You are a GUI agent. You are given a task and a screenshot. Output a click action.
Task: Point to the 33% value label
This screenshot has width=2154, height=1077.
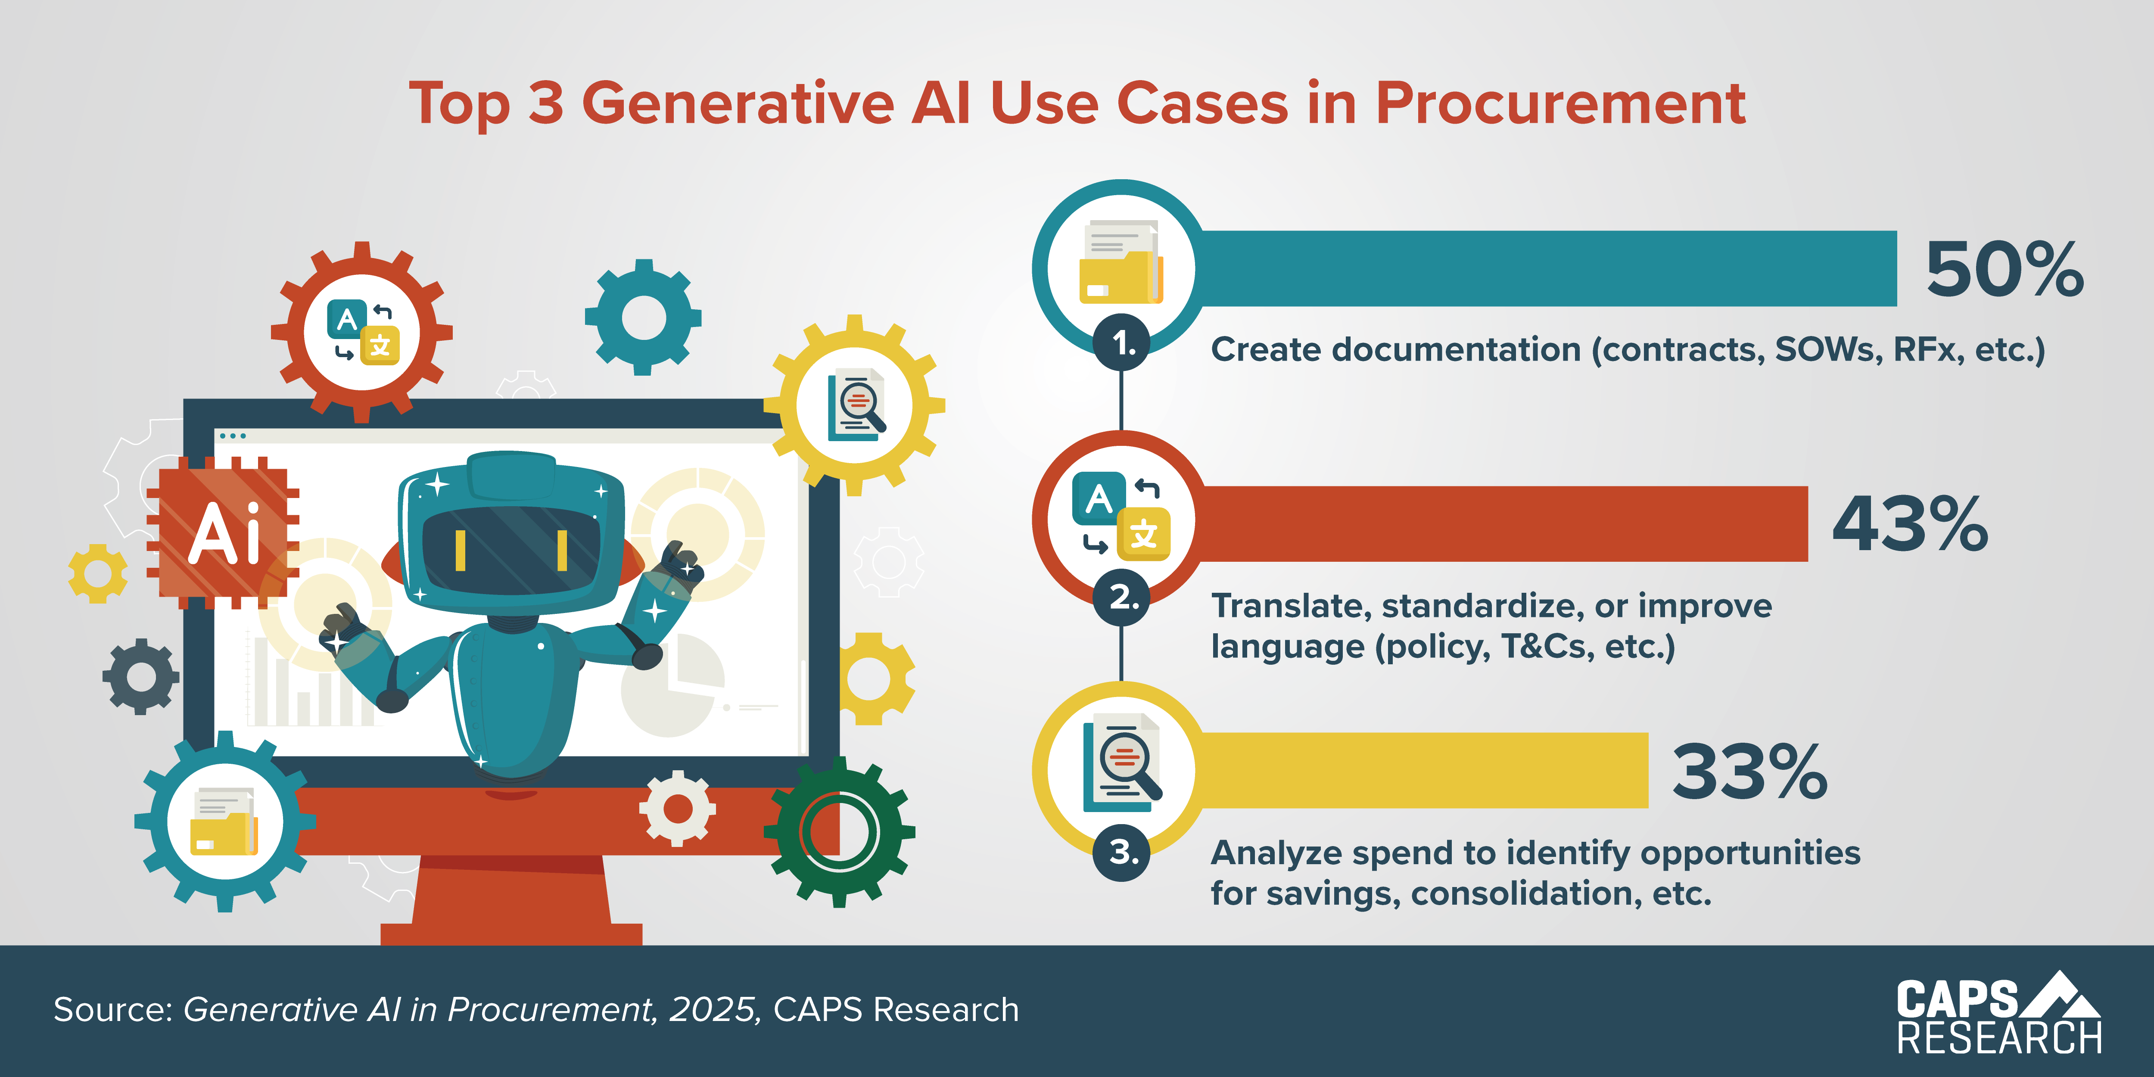pyautogui.click(x=1749, y=772)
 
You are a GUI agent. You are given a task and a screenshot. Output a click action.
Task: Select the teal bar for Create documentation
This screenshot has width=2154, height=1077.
pyautogui.click(x=1547, y=268)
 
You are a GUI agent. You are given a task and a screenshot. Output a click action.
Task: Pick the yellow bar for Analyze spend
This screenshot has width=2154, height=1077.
pyautogui.click(x=1422, y=770)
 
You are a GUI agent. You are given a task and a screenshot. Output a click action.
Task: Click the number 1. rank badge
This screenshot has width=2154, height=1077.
pyautogui.click(x=1122, y=343)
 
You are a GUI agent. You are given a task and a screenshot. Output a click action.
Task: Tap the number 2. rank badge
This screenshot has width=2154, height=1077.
pyautogui.click(x=1122, y=597)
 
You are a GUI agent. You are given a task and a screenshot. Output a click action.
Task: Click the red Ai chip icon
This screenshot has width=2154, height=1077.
pyautogui.click(x=223, y=532)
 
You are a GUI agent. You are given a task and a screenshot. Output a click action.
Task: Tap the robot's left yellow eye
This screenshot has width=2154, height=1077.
pyautogui.click(x=460, y=550)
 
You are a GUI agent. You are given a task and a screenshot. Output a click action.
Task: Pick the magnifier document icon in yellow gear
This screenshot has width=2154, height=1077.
pyautogui.click(x=855, y=405)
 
